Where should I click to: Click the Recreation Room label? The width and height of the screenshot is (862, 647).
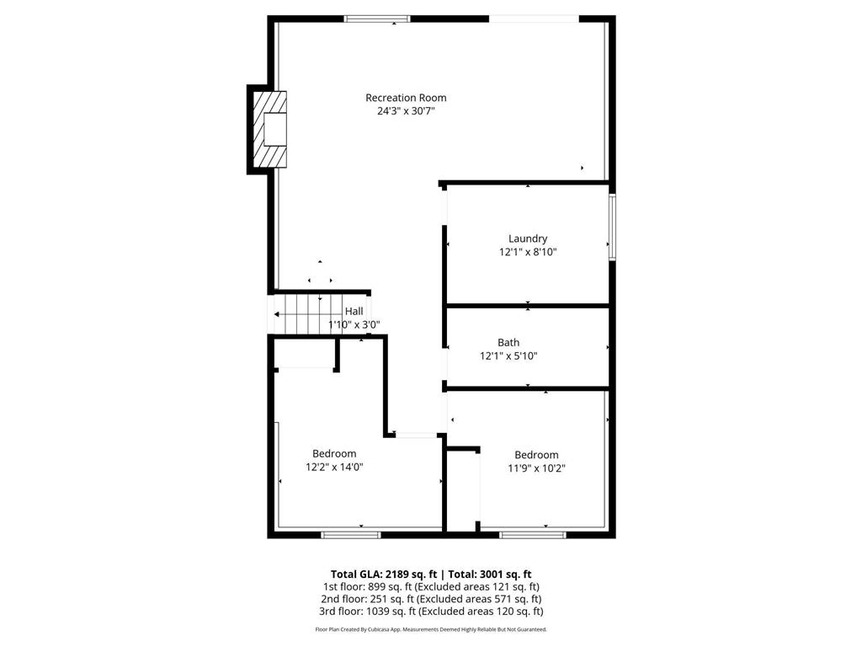(406, 98)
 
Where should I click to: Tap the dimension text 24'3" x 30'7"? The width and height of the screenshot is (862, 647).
(406, 111)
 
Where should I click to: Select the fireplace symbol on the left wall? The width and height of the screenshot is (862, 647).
(272, 130)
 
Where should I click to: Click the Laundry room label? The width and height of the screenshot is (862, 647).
(528, 238)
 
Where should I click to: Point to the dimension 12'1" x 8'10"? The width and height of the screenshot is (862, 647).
(528, 252)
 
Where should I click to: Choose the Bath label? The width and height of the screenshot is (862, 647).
(508, 343)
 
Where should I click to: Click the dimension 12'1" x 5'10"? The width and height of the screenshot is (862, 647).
(508, 356)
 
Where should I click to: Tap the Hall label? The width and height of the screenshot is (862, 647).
(354, 312)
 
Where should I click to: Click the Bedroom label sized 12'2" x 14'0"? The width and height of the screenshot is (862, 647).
(334, 453)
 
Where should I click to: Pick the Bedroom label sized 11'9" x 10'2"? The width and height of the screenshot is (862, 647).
(536, 455)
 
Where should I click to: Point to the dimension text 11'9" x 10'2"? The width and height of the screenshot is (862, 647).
(536, 468)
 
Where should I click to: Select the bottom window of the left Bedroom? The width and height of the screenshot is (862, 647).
(351, 534)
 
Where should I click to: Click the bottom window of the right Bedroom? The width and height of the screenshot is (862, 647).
(533, 534)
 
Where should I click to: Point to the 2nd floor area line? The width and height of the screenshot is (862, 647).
(430, 599)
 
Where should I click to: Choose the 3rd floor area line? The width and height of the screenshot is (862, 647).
(430, 612)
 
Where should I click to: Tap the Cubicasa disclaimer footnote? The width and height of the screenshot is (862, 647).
(431, 629)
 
